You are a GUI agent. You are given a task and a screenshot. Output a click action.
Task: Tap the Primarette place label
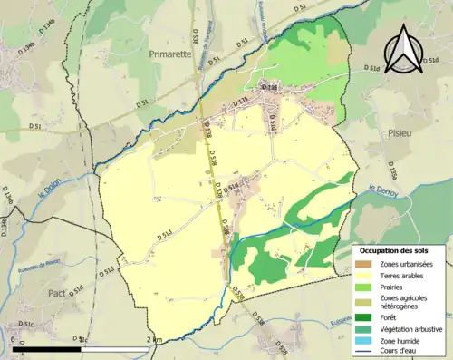coord(171,54)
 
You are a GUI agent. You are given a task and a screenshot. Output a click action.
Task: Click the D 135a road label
coord(391,170)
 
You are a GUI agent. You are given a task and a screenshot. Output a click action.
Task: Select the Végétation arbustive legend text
coord(412,329)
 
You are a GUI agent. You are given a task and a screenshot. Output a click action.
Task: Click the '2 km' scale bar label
coord(153,339)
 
